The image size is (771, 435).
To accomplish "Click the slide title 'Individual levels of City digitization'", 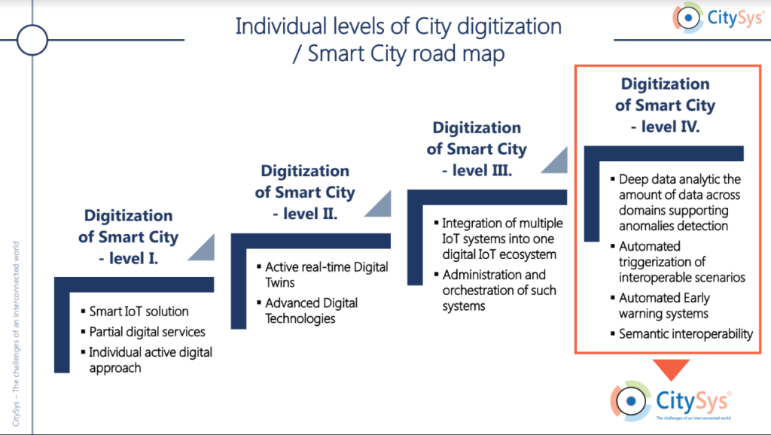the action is (x=398, y=26).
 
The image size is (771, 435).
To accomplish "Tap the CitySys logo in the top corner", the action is (x=718, y=18).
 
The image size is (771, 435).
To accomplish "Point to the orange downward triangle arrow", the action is (x=671, y=370).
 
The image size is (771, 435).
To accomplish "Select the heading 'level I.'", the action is (x=128, y=258).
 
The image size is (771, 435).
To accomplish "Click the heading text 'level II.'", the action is (x=305, y=214).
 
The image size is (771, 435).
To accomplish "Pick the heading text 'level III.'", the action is (x=477, y=171).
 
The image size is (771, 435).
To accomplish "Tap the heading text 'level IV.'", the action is (x=666, y=127).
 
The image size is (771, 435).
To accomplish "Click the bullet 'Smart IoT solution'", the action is (x=139, y=311).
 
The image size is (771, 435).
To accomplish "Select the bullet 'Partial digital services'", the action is (x=147, y=332).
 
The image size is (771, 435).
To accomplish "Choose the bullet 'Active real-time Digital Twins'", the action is (x=327, y=275).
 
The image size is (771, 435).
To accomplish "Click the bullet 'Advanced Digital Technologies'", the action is (x=311, y=311).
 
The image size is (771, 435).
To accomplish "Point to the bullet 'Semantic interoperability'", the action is (x=685, y=334).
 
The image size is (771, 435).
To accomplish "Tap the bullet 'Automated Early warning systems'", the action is (x=664, y=306).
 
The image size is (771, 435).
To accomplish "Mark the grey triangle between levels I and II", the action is (x=202, y=248).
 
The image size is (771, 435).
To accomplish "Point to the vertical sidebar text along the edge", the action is (x=16, y=333).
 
